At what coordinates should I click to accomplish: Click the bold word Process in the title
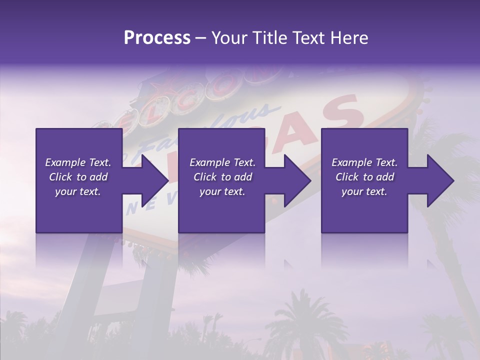pos(157,38)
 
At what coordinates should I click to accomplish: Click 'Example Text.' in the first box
pos(78,162)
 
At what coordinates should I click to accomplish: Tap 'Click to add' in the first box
pos(78,177)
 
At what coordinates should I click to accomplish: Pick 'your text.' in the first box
pos(78,191)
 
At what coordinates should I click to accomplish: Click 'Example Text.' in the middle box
pos(222,162)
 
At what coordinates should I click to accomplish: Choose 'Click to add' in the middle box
pos(222,177)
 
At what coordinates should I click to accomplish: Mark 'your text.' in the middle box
pos(222,191)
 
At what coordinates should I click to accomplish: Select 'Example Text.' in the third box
pos(364,162)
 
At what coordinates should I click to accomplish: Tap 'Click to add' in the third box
pos(364,177)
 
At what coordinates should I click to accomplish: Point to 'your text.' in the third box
pos(364,191)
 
